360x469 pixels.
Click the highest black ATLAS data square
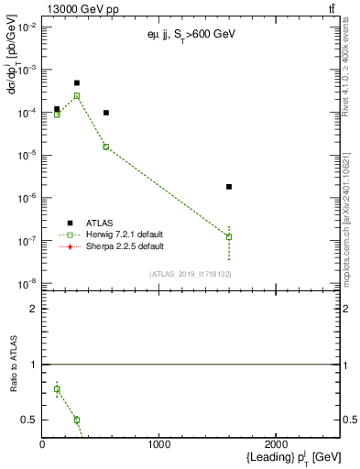pos(77,82)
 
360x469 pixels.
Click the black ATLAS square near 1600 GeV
pos(229,187)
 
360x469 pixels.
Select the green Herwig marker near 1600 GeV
pos(229,236)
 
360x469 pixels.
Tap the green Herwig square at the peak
pos(77,95)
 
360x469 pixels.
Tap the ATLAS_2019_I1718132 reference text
pos(191,274)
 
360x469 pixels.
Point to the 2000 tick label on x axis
pos(276,444)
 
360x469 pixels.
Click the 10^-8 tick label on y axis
pos(27,283)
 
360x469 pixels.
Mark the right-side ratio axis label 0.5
pos(349,420)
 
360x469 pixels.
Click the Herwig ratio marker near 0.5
pos(77,420)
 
